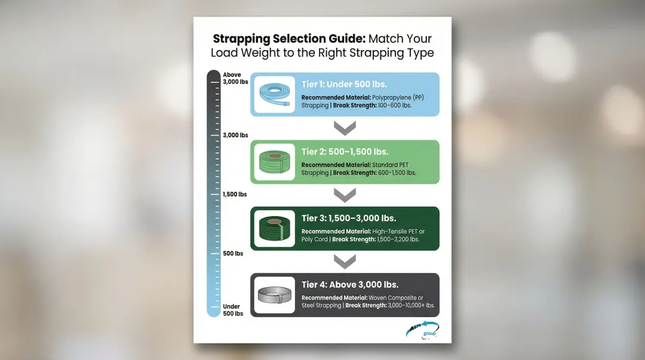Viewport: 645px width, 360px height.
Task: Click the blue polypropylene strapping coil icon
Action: (x=275, y=95)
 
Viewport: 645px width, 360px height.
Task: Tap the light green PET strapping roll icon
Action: (x=275, y=162)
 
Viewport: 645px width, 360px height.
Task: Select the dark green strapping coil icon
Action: (x=275, y=229)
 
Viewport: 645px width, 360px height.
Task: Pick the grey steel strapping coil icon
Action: (x=275, y=295)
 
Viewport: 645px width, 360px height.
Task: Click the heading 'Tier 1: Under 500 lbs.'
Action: (x=344, y=84)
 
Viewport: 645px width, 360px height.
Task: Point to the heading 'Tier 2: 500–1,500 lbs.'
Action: (x=345, y=152)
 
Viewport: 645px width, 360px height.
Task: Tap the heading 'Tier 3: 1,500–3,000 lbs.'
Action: (x=349, y=218)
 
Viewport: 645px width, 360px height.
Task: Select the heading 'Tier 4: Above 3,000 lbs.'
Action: (x=350, y=284)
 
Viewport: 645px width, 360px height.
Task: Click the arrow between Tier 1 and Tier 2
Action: (x=345, y=128)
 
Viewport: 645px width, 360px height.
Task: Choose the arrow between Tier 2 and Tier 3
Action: (x=345, y=195)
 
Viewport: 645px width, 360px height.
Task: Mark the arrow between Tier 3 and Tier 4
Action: (x=345, y=261)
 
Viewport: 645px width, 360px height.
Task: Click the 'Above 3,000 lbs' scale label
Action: (x=235, y=78)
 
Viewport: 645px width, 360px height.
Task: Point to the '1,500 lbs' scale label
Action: (x=235, y=195)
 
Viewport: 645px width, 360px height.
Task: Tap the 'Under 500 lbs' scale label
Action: (x=233, y=310)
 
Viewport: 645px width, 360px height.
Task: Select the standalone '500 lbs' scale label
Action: (x=233, y=254)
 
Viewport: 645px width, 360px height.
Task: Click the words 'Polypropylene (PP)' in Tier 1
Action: (x=398, y=97)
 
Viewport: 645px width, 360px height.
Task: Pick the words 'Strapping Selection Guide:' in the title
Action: (x=289, y=39)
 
